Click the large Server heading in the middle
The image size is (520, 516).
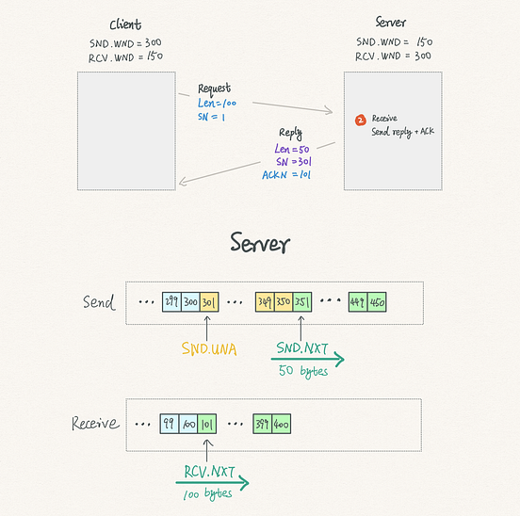(260, 245)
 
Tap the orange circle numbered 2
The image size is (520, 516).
(360, 120)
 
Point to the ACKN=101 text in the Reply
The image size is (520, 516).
(287, 173)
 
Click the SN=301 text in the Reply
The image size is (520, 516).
(290, 161)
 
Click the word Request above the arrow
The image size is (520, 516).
(214, 88)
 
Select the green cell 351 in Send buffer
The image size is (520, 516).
(302, 303)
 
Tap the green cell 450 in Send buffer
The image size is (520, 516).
(377, 303)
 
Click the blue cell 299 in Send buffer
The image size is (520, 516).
(171, 303)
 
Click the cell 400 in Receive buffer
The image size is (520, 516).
(282, 423)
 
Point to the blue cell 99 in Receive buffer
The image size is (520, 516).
(171, 423)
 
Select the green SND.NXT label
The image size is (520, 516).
(301, 347)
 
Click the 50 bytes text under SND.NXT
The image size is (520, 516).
(302, 371)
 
